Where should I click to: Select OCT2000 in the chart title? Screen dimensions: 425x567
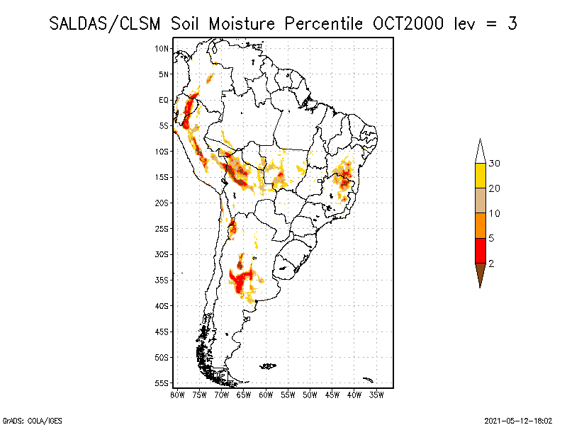point(408,23)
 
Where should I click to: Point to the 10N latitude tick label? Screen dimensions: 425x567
point(162,48)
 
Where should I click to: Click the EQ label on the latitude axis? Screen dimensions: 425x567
point(164,100)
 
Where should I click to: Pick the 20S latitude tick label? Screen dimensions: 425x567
point(162,203)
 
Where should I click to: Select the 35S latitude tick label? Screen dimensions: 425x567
point(162,280)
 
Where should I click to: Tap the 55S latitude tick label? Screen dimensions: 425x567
point(162,382)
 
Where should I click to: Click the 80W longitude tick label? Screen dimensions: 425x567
point(177,394)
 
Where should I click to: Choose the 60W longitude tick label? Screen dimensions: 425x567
point(266,394)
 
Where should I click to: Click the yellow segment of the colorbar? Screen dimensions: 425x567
point(480,176)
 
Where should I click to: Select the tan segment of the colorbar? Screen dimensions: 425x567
point(480,200)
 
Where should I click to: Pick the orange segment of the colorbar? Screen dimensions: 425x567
point(480,225)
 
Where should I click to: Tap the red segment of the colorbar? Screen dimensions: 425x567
point(480,250)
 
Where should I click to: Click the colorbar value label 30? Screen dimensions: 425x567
point(494,164)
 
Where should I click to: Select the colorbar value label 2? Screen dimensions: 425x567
point(491,263)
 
